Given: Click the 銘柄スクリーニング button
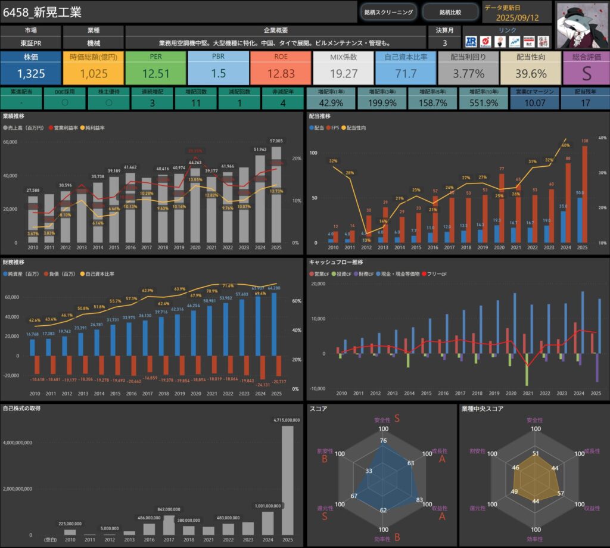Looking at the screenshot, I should click(x=388, y=11).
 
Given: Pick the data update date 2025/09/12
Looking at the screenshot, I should click(x=516, y=17).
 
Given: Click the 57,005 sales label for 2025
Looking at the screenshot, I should click(x=276, y=141).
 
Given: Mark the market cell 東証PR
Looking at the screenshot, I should click(x=30, y=43).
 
